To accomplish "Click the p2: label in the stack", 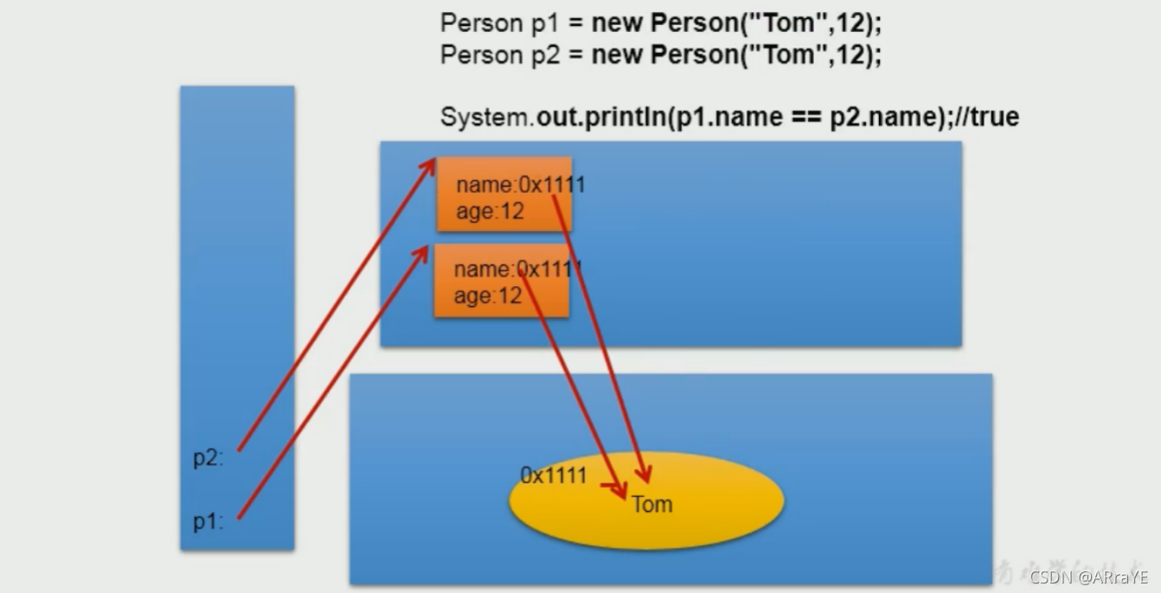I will tap(208, 458).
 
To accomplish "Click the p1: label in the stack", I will tap(208, 521).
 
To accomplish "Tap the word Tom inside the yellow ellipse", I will tap(652, 504).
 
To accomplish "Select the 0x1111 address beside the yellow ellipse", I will tap(554, 475).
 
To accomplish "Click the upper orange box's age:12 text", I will tap(490, 211).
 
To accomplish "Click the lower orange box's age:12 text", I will tap(487, 296).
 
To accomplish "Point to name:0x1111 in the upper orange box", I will tap(520, 185).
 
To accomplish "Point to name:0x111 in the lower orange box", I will tap(517, 269).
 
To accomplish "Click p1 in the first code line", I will tap(545, 23).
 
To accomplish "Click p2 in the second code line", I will tap(545, 55).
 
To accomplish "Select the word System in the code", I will tap(484, 117).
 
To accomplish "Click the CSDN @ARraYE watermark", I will tap(1089, 577).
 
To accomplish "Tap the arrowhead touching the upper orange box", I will tap(431, 164).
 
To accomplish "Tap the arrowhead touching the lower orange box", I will tap(425, 251).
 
